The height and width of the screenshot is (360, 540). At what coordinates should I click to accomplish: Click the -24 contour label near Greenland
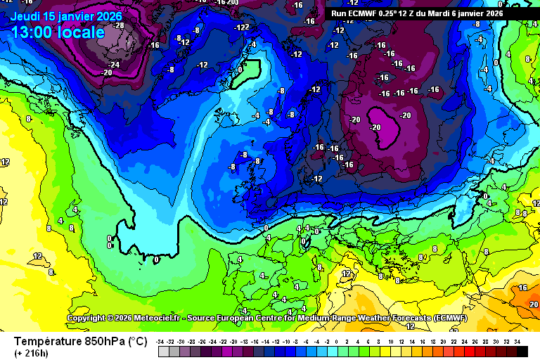click(x=113, y=65)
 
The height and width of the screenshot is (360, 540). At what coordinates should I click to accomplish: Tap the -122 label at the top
click(x=242, y=27)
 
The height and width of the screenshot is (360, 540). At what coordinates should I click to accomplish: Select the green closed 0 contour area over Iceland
click(x=244, y=72)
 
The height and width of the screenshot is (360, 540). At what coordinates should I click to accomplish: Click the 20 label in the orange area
click(x=534, y=304)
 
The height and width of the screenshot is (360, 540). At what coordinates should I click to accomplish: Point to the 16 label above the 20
click(x=522, y=288)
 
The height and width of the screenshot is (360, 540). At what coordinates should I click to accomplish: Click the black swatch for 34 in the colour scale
click(x=517, y=350)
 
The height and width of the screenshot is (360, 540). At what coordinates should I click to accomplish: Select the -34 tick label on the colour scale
click(x=162, y=340)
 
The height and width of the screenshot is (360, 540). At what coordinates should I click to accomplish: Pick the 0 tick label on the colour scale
click(x=338, y=340)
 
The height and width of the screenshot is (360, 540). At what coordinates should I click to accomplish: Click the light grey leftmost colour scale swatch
click(x=163, y=350)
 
